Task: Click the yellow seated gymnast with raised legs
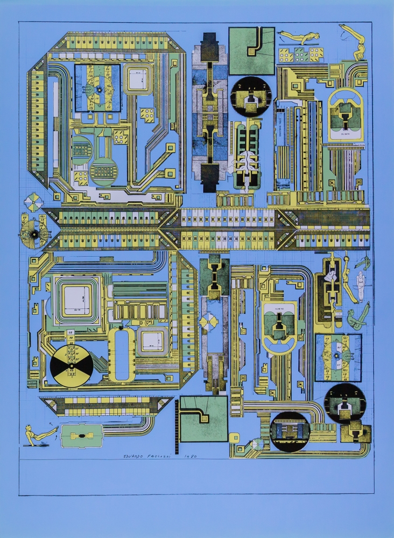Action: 36,435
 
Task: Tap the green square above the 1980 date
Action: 203,419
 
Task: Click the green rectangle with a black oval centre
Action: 81,435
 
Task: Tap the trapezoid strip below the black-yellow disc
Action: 105,405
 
